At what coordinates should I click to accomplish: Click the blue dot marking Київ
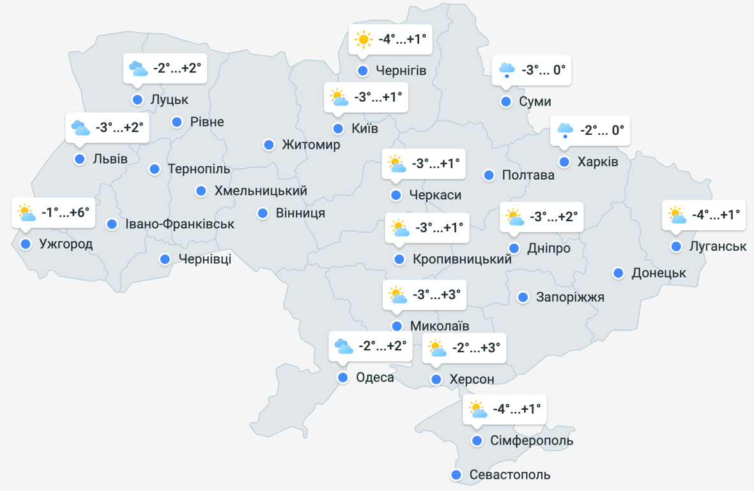pos(338,129)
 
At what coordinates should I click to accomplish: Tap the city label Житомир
pos(311,145)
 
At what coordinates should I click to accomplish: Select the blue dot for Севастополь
pos(456,475)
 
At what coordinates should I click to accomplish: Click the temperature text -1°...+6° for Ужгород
pos(66,213)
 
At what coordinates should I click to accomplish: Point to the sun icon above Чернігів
pos(364,40)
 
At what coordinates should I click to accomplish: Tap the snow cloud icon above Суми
pos(507,70)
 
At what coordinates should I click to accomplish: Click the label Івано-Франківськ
pos(180,224)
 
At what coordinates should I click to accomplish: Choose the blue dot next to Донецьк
pos(619,273)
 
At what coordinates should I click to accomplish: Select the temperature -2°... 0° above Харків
pos(602,130)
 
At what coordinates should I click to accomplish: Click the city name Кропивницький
pos(463,260)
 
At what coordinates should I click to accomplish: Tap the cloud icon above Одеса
pos(343,347)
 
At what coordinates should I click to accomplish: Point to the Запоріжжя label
pos(570,297)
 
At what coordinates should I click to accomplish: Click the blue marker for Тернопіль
pos(155,169)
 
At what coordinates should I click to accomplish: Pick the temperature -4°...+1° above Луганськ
pos(716,215)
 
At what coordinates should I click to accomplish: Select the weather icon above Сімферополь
pos(477,409)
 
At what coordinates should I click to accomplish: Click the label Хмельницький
pos(261,191)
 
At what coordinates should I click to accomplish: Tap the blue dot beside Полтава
pos(489,175)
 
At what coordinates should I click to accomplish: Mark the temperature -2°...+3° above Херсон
pos(476,348)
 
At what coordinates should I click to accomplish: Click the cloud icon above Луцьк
pos(137,68)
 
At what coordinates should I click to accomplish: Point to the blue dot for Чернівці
pos(165,259)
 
